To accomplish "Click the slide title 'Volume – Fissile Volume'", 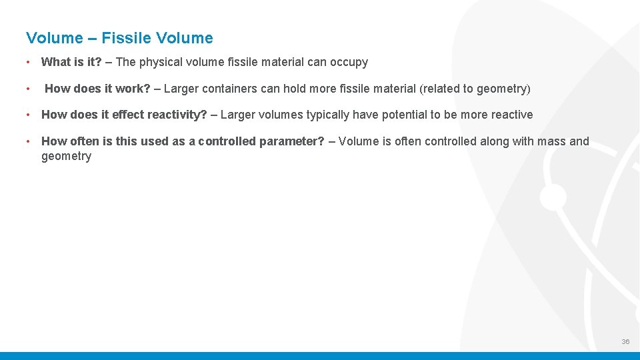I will click(119, 38).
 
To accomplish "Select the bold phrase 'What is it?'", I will click(71, 62).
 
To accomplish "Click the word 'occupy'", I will click(349, 62).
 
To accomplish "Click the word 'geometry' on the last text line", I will click(66, 156).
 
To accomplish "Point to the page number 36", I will click(625, 341).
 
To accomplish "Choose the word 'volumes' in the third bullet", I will click(279, 115).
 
